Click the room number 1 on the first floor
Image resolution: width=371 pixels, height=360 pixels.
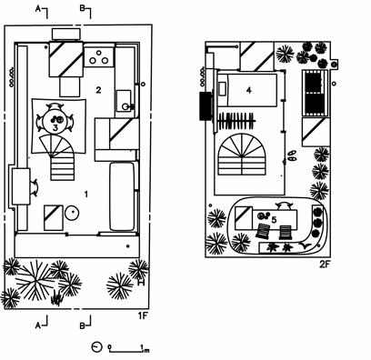pos(86,194)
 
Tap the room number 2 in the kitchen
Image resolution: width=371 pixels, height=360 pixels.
pos(98,90)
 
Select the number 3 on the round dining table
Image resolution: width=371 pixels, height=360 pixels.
pos(55,127)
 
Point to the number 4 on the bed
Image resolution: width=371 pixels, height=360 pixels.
pos(249,90)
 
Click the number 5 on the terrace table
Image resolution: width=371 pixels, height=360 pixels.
pos(274,220)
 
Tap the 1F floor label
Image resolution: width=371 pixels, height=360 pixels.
pos(143,316)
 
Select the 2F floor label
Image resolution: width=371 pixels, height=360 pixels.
pos(324,265)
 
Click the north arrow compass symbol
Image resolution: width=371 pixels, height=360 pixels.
pos(96,347)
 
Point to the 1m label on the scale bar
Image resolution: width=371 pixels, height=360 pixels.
pos(145,347)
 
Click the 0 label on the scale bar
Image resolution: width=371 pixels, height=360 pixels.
pos(109,346)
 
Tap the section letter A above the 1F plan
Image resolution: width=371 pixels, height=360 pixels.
pos(38,9)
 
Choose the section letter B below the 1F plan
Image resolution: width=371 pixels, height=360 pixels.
pos(82,326)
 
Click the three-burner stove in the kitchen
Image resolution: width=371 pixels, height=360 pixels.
pos(99,57)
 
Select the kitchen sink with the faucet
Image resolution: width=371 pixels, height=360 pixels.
pos(125,101)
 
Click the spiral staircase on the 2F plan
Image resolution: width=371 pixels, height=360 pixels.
pos(242,155)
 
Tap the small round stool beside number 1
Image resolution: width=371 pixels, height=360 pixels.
pos(72,213)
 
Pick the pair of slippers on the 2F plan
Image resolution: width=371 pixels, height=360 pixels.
pos(292,155)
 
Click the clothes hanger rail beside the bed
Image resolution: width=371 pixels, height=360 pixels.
pos(237,121)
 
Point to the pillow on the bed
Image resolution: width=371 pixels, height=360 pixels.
pos(222,89)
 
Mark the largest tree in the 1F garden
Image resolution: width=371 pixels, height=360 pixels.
pos(35,281)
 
